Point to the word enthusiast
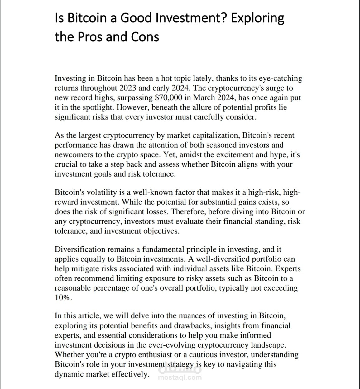[155, 355]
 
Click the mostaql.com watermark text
[180, 378]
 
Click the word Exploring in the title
[257, 18]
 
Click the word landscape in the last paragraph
[268, 345]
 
